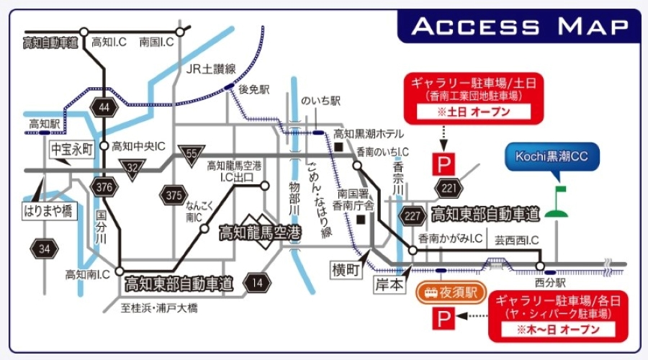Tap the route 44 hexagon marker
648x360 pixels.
pos(104,107)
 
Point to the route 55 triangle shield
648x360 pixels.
pos(192,154)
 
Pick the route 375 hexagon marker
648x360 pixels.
pos(174,194)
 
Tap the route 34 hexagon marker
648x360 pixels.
pos(45,249)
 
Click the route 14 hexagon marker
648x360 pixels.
pos(258,282)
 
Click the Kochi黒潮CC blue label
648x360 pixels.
pos(552,158)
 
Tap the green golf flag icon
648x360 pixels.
pos(557,203)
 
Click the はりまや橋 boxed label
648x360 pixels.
pos(48,212)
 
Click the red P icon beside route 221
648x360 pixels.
pos(441,164)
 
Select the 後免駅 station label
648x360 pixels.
pos(253,90)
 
